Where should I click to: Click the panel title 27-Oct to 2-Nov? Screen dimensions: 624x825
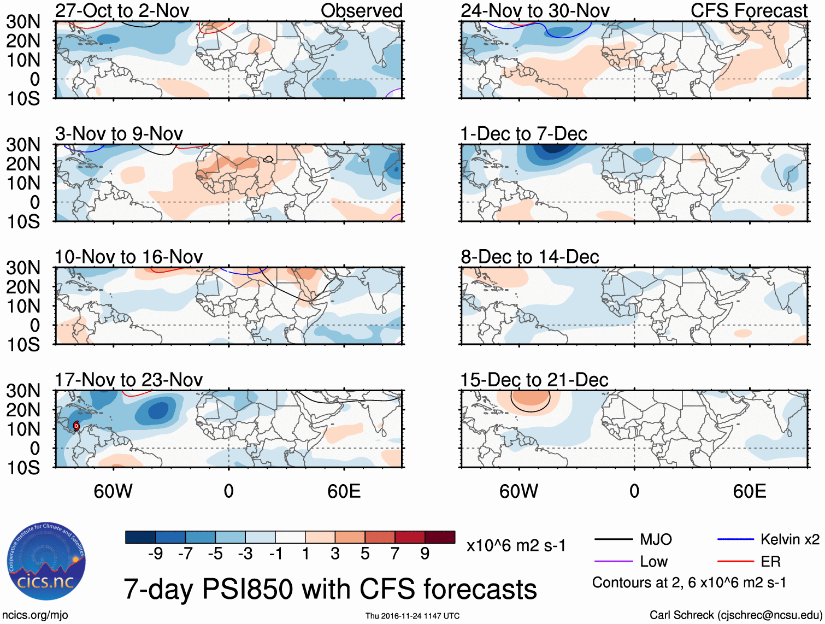122,10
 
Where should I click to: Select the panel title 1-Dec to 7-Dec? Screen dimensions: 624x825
523,134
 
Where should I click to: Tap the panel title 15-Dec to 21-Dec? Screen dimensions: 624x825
534,380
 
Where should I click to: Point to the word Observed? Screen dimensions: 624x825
361,10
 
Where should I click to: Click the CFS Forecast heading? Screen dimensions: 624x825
749,10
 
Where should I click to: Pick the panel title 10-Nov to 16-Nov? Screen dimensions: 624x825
128,257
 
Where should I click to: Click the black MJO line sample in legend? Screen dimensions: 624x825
613,540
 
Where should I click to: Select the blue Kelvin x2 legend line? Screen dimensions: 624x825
735,540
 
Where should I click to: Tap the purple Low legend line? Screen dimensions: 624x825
613,562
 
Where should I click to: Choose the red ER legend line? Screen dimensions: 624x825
735,562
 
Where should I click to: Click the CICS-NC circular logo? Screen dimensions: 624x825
46,562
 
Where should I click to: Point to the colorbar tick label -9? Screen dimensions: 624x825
156,554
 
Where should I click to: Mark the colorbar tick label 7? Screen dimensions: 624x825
395,554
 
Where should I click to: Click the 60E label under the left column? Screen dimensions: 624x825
344,491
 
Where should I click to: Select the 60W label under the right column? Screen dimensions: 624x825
518,491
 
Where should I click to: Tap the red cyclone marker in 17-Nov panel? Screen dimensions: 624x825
76,426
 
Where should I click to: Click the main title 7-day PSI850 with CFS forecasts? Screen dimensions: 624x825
330,589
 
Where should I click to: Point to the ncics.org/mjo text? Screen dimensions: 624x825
34,615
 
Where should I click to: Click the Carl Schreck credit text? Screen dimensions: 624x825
735,615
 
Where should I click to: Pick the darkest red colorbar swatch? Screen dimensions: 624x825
440,537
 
